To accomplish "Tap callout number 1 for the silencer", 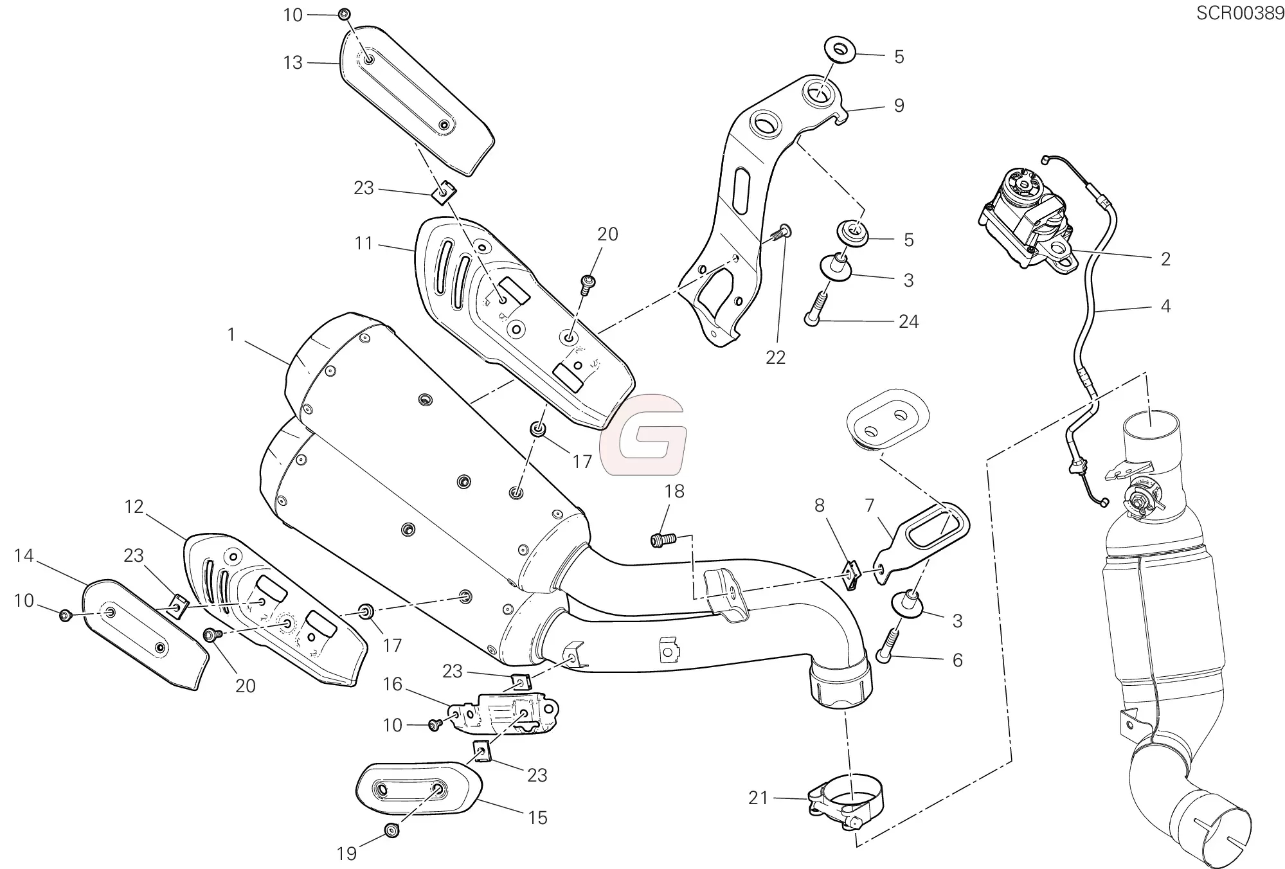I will coord(231,335).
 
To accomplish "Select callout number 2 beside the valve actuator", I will coord(1165,259).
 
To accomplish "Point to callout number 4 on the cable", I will coord(1165,306).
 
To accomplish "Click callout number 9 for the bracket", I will coord(899,105).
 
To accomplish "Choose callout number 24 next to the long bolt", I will coord(908,321).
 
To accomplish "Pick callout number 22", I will coord(775,357).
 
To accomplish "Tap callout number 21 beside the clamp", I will coord(759,798).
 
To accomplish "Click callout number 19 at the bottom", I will coord(346,853).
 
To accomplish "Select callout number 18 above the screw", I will coord(674,492).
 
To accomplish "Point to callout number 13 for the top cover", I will coord(292,63).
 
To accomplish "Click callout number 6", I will coord(957,660).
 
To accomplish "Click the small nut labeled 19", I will coord(391,830).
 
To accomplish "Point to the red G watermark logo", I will coord(642,434).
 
